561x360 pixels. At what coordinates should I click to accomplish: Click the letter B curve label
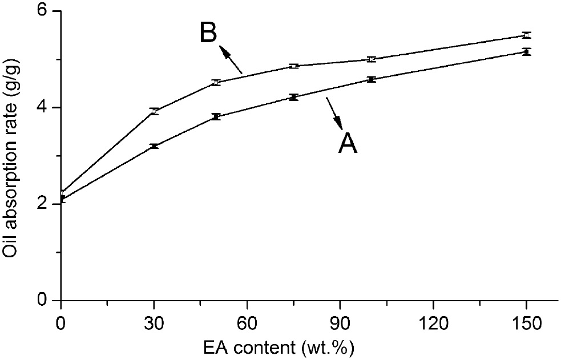pyautogui.click(x=208, y=33)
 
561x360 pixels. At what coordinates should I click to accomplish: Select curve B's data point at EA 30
pyautogui.click(x=154, y=111)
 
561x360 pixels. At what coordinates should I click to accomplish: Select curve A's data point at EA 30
pyautogui.click(x=154, y=147)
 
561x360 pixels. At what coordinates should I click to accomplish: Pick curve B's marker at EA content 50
pyautogui.click(x=216, y=83)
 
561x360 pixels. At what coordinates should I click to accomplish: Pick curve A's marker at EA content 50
pyautogui.click(x=216, y=117)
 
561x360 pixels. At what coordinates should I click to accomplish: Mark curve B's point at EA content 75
pyautogui.click(x=293, y=66)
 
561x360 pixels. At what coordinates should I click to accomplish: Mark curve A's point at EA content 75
pyautogui.click(x=293, y=98)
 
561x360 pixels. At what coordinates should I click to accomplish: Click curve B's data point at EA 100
pyautogui.click(x=372, y=59)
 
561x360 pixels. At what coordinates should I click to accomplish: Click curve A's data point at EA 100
pyautogui.click(x=372, y=79)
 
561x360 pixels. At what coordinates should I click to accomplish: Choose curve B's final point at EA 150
pyautogui.click(x=526, y=35)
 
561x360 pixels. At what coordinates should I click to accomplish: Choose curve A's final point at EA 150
pyautogui.click(x=526, y=52)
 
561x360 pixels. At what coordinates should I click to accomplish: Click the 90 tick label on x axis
pyautogui.click(x=340, y=323)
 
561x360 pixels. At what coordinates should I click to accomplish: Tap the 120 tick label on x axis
pyautogui.click(x=433, y=323)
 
